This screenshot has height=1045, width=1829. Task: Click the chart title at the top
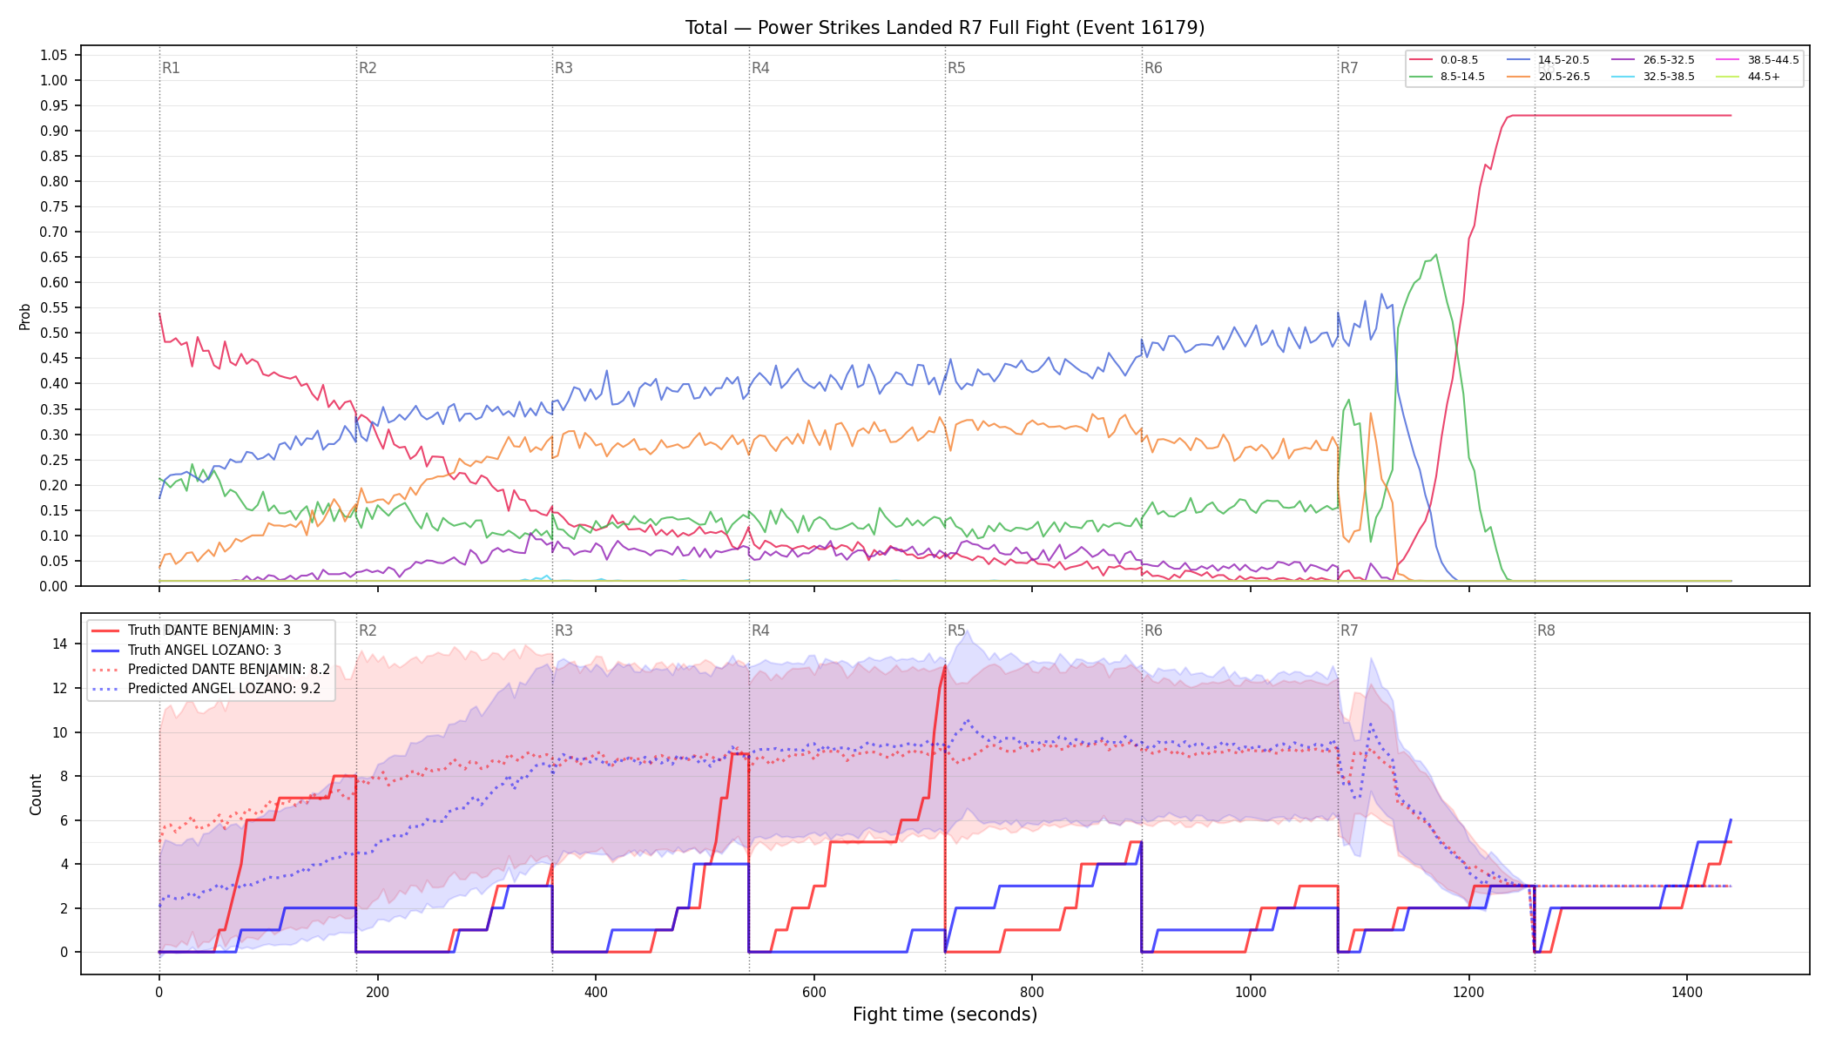[x=945, y=28]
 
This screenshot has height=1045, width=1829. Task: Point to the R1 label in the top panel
[x=171, y=68]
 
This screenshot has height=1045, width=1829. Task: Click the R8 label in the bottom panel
[x=1546, y=630]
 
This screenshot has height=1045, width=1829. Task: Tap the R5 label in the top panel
[x=956, y=68]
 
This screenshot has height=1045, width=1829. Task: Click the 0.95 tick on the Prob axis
[x=53, y=105]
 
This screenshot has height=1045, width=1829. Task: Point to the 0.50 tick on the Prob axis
[x=53, y=333]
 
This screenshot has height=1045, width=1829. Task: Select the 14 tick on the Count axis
[x=60, y=644]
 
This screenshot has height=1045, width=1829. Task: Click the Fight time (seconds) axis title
[x=945, y=1015]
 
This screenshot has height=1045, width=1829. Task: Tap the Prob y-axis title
[x=25, y=316]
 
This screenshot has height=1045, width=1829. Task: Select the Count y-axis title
[x=36, y=794]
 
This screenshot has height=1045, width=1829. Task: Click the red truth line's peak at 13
[x=945, y=666]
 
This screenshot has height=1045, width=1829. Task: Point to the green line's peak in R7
[x=1435, y=255]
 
